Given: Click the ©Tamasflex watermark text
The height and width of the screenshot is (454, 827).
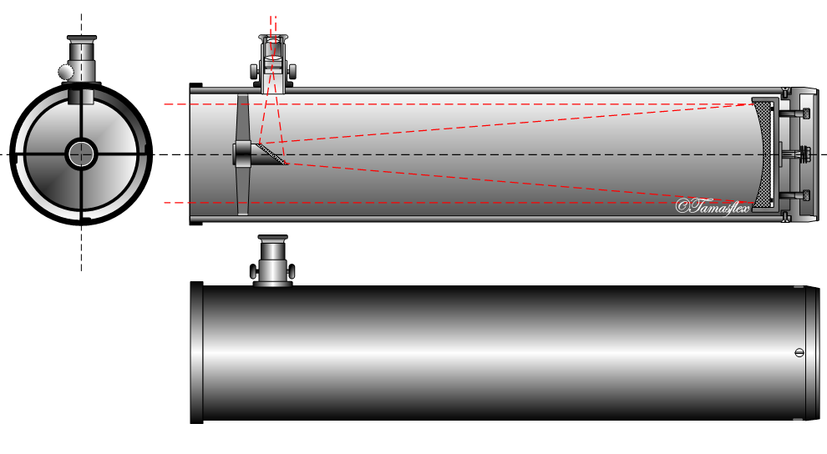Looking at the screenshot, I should pyautogui.click(x=711, y=205).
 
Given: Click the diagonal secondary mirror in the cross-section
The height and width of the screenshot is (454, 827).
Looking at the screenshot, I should pyautogui.click(x=271, y=154).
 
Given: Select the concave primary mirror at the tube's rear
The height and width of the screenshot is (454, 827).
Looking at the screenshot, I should pyautogui.click(x=763, y=154).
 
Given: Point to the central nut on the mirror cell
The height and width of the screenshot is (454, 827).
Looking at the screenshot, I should pyautogui.click(x=804, y=154).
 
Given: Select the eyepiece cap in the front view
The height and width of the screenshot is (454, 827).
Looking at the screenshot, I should pyautogui.click(x=81, y=38).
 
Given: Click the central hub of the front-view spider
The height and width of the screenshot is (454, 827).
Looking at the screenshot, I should pyautogui.click(x=81, y=152).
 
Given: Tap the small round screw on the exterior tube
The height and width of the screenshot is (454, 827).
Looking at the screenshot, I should pyautogui.click(x=799, y=353).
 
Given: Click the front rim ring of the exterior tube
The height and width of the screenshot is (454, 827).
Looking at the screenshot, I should pyautogui.click(x=197, y=353).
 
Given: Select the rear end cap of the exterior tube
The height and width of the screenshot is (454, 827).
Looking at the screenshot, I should pyautogui.click(x=810, y=353).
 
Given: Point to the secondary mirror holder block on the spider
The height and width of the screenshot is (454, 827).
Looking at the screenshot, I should pyautogui.click(x=243, y=154).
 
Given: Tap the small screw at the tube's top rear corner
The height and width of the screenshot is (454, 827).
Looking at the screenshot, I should pyautogui.click(x=786, y=88).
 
